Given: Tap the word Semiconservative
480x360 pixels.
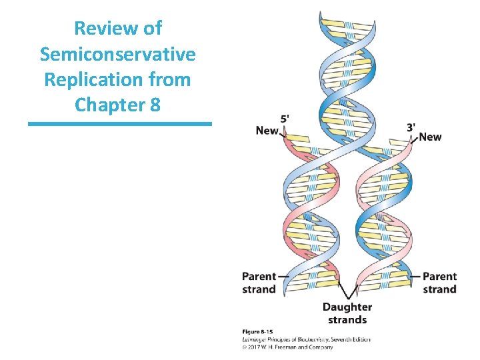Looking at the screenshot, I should (117, 54).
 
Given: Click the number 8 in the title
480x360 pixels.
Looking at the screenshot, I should (155, 105).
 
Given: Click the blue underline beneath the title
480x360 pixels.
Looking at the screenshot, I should (119, 123).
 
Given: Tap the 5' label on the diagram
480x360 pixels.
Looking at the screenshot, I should (285, 118).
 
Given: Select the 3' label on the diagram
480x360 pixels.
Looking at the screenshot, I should (412, 127).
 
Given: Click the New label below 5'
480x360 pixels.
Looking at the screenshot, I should (267, 130).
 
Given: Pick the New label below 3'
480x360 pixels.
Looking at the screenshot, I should (430, 137).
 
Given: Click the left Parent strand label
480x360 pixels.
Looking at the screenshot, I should (259, 282).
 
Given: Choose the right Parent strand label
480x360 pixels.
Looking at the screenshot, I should (440, 282).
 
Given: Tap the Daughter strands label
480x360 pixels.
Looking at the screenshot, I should (347, 313).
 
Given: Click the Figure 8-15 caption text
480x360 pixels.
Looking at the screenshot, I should (257, 331).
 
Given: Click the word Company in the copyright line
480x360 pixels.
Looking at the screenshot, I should (321, 346).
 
